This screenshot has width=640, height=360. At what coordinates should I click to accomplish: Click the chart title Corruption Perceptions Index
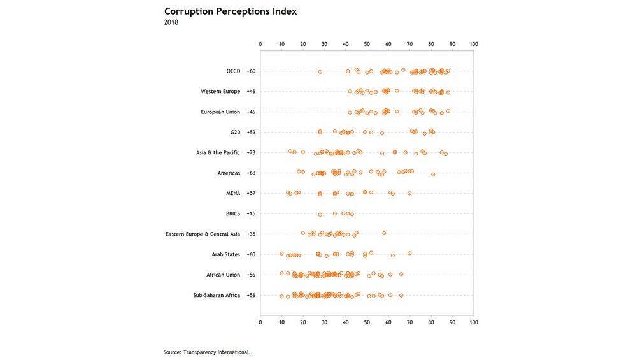coord(230,11)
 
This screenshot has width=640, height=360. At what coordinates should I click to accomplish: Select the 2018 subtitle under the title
coord(171,22)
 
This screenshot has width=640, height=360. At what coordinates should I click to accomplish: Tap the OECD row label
coord(234,71)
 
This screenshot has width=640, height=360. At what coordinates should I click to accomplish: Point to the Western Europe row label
coord(220,91)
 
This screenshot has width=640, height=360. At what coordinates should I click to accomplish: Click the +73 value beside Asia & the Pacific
coord(251,153)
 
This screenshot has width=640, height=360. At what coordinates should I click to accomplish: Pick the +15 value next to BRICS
coord(251,213)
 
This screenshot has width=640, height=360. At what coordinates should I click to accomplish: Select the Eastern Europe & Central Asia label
coord(203,234)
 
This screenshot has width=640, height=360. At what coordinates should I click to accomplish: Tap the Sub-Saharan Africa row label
coord(217,295)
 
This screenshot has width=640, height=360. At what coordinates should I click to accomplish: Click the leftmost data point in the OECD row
coord(320,72)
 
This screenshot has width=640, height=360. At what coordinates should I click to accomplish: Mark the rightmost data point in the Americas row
coord(433,175)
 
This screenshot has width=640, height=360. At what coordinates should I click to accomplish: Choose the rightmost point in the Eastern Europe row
coord(384,233)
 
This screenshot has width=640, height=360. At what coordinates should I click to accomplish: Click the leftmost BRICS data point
coord(320,214)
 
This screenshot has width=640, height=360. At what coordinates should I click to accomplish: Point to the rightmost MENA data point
coord(409,194)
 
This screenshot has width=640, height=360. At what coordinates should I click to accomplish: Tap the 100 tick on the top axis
coord(473,44)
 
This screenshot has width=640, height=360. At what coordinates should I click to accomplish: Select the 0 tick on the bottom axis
coord(260,322)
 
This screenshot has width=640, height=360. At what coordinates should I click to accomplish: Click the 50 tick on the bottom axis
coord(367,322)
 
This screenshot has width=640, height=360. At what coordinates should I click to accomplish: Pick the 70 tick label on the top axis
coord(409,44)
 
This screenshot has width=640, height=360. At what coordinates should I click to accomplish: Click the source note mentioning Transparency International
coord(207,352)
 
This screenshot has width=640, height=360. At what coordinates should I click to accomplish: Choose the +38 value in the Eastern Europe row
coord(251,234)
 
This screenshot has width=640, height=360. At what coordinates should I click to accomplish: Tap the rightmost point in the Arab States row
coord(409,254)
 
